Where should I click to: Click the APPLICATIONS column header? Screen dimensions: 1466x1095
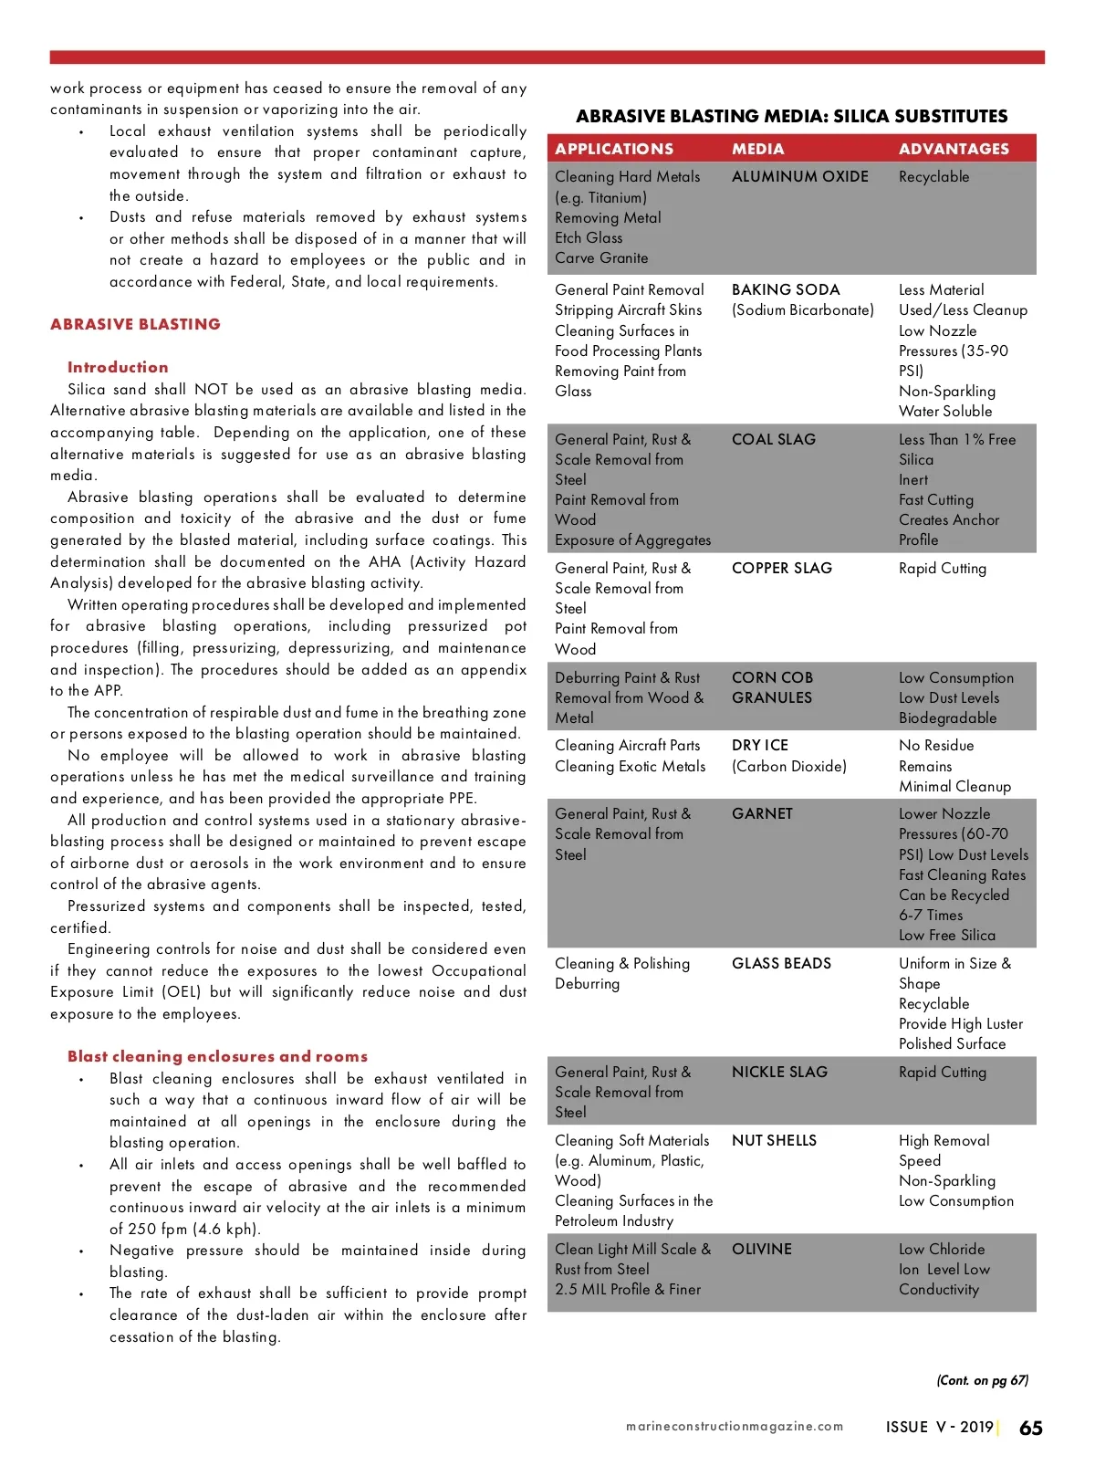click(x=614, y=149)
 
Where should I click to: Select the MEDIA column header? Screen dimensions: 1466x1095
click(x=757, y=149)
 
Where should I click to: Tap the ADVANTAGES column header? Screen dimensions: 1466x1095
click(x=954, y=149)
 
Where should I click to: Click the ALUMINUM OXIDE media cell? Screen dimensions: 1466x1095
click(x=799, y=177)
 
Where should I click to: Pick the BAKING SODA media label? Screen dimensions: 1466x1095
click(x=786, y=290)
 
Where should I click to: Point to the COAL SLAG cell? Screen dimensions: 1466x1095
click(x=774, y=439)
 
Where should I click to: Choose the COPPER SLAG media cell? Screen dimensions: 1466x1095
click(x=782, y=568)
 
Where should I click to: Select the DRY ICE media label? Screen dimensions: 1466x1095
click(x=760, y=746)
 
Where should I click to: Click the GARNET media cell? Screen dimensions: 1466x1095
click(x=762, y=813)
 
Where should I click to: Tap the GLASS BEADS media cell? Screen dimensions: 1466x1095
click(x=781, y=963)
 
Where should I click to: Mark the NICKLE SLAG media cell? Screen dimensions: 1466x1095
click(x=779, y=1072)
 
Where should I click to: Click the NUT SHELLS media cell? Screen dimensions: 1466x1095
click(x=774, y=1140)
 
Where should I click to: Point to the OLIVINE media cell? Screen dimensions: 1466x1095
click(x=761, y=1249)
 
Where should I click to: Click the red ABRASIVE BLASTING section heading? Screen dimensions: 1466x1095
click(x=135, y=324)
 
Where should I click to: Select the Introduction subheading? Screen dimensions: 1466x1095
click(x=118, y=367)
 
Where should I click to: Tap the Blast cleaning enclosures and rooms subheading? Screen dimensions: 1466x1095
click(x=217, y=1056)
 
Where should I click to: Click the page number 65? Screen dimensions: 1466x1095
click(x=1030, y=1429)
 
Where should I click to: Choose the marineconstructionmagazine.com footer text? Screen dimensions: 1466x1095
click(x=735, y=1426)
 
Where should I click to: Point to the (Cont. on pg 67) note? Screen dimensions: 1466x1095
click(x=982, y=1380)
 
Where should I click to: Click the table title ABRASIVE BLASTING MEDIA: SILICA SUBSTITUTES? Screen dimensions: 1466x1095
click(x=791, y=116)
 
